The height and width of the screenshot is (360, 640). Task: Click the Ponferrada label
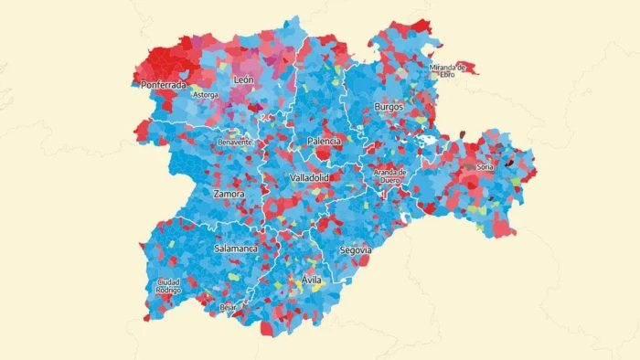(x=164, y=85)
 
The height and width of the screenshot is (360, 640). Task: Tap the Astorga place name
(x=205, y=94)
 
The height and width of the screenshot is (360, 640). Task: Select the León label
(x=243, y=80)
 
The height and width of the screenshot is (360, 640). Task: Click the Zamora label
(x=228, y=194)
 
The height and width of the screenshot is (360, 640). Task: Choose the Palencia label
(x=324, y=142)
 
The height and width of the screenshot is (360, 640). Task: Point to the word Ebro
(x=448, y=74)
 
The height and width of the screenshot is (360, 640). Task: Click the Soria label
(x=486, y=167)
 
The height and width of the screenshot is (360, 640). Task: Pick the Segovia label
(x=355, y=249)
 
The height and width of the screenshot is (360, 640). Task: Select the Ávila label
(x=312, y=280)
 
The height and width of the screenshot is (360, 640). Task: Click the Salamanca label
(x=235, y=248)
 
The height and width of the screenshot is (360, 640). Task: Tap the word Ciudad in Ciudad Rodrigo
(x=168, y=282)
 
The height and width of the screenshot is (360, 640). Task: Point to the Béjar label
(x=228, y=308)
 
